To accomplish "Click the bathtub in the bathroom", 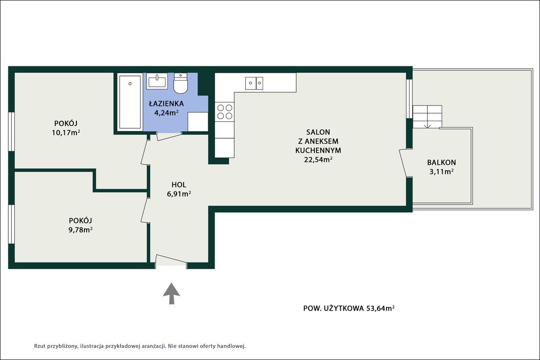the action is (130, 102).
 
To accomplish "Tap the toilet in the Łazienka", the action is (180, 83).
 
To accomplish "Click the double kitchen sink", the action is (254, 83).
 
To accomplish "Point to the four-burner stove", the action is (225, 112).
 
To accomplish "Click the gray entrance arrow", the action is (171, 293).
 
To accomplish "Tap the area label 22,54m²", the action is (318, 159).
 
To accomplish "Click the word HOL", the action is (179, 185).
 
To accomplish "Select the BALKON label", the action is (441, 162).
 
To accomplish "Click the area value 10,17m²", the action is (66, 132).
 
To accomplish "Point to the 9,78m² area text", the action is (80, 230).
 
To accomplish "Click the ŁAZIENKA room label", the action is (166, 103).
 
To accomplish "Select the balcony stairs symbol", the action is (427, 116).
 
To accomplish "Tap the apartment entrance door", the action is (171, 260).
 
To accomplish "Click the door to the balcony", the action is (403, 164).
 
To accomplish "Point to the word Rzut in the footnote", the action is (40, 346).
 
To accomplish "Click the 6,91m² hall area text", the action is (179, 194).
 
